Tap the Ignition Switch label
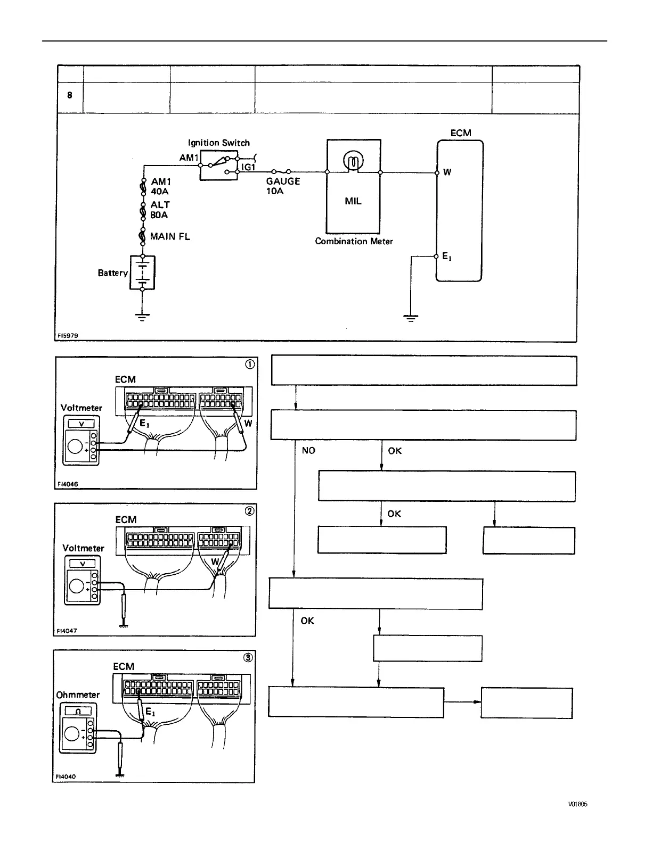218,143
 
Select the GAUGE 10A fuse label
283,186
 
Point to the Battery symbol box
142,272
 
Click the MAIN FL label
170,236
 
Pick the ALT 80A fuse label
160,210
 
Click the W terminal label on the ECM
447,172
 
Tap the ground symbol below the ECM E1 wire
411,318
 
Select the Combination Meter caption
354,241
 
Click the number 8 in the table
70,95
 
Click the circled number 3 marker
248,657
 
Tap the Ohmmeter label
78,695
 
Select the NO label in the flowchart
308,451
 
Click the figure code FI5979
68,336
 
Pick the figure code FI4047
67,631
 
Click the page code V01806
577,804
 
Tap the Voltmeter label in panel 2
83,548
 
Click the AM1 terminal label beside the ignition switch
189,158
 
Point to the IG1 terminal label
248,167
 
